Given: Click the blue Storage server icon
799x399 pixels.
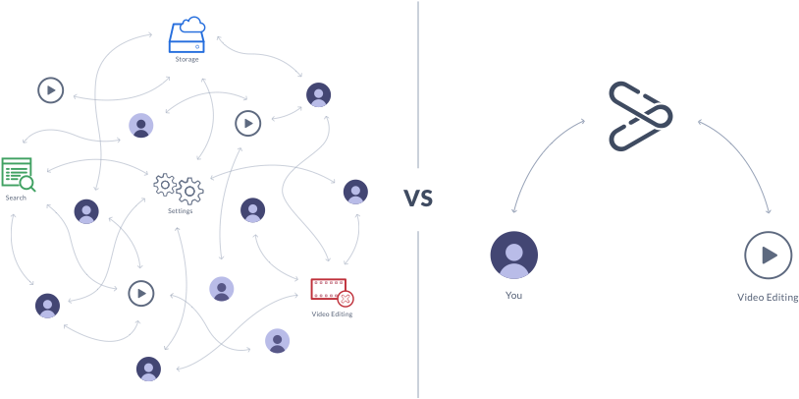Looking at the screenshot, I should [x=186, y=35].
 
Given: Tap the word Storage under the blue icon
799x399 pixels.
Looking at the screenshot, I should [x=186, y=59].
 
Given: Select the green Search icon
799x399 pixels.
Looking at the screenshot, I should [x=18, y=174].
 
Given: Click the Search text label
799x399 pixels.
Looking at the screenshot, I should [x=16, y=198].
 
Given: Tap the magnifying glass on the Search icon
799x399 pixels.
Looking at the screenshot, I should [x=27, y=183].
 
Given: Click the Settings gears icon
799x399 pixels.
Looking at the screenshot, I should [x=179, y=187].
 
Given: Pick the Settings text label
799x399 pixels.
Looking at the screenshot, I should [x=180, y=210].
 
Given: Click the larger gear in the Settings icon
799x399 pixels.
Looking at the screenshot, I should [x=189, y=191].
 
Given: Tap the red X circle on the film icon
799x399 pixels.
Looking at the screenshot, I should [x=346, y=299].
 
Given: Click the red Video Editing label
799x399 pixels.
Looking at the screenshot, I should [x=332, y=314].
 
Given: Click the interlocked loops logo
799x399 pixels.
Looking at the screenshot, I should [x=640, y=117].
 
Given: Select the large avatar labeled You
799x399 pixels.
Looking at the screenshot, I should [x=513, y=256].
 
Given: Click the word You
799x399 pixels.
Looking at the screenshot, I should [x=513, y=295].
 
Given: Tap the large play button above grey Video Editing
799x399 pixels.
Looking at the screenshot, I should [x=768, y=256].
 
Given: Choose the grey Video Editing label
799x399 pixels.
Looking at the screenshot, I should [x=768, y=296].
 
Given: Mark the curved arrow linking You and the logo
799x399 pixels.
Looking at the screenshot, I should [x=535, y=157].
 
